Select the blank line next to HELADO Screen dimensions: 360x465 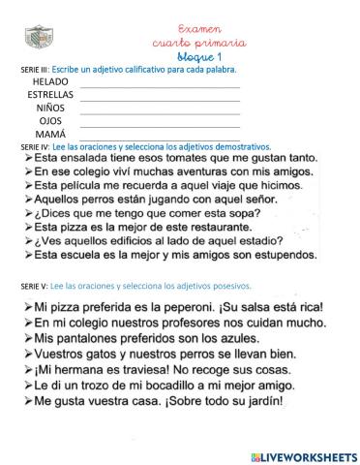(160, 84)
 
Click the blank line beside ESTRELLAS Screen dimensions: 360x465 (160, 97)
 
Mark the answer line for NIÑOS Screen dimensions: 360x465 (160, 109)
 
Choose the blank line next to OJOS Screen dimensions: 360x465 (160, 122)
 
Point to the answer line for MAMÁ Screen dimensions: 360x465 (160, 135)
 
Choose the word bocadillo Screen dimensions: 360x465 (165, 386)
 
